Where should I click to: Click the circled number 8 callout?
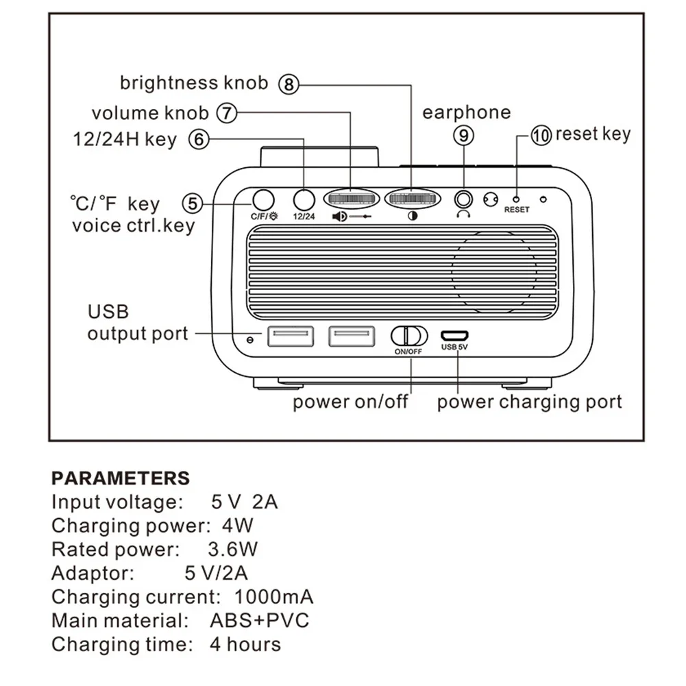[289, 84]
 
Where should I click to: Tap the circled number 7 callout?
[227, 112]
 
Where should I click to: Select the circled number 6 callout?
[199, 140]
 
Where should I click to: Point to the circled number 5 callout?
[193, 204]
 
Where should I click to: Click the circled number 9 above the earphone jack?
[464, 136]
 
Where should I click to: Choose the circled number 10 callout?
[541, 135]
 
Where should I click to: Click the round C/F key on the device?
[262, 199]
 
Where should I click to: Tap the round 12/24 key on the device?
[303, 199]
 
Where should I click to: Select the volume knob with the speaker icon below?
[350, 199]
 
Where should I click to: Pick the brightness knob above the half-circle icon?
[411, 199]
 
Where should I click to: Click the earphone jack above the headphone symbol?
[464, 199]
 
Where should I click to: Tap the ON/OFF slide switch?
[409, 336]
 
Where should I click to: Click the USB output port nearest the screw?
[291, 336]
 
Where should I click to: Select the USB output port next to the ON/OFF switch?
[351, 336]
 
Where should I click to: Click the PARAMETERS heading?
[120, 478]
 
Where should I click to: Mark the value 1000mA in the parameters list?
[274, 597]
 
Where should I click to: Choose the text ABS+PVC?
[260, 621]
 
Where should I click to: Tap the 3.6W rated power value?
[232, 550]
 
